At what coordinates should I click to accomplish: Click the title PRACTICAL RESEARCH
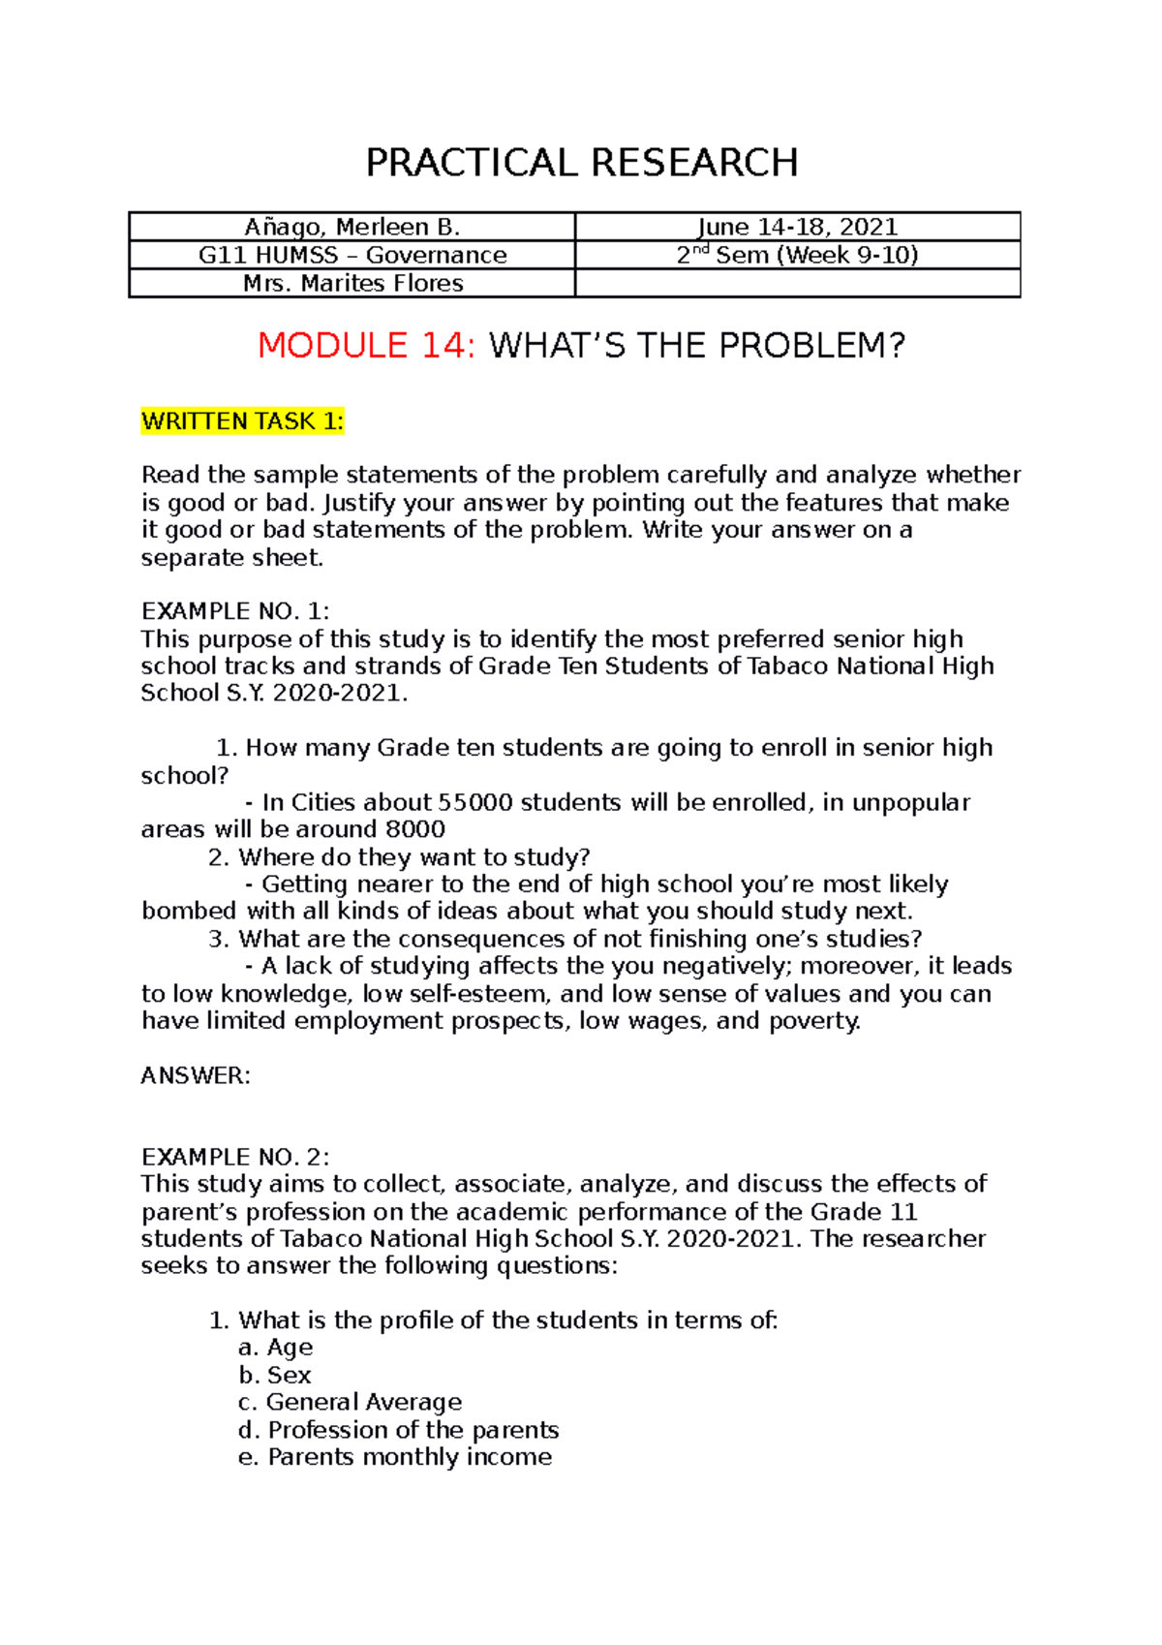(x=581, y=163)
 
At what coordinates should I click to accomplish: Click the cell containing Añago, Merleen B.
(x=352, y=227)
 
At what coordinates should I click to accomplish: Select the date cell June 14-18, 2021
(x=797, y=227)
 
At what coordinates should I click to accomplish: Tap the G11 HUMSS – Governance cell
(x=352, y=255)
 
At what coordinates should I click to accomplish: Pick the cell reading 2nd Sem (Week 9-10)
(x=797, y=255)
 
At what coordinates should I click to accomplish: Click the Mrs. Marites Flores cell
(x=352, y=283)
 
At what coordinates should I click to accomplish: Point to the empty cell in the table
(x=797, y=283)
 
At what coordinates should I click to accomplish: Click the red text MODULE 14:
(x=366, y=346)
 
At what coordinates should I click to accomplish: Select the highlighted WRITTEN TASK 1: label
(x=242, y=421)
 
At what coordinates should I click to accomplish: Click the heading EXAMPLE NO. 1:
(x=235, y=611)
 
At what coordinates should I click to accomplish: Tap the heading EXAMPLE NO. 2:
(x=235, y=1157)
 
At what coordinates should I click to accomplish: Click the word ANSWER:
(x=196, y=1075)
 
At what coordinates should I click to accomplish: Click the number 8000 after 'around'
(x=415, y=829)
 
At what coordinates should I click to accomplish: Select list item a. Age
(x=276, y=1348)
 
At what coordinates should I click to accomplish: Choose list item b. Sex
(x=275, y=1375)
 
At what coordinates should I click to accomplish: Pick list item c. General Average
(x=350, y=1402)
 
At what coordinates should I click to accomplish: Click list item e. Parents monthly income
(x=395, y=1457)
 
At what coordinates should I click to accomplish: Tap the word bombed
(x=189, y=912)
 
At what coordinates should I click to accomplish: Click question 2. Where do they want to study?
(x=399, y=857)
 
